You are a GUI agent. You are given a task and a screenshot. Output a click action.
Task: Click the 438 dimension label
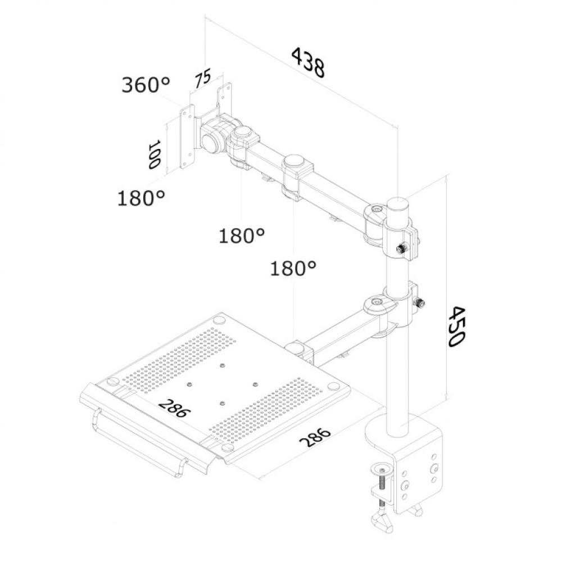tap(308, 62)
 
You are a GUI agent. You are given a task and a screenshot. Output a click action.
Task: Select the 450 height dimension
tap(456, 327)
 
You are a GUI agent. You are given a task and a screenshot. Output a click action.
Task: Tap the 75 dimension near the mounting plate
tap(203, 78)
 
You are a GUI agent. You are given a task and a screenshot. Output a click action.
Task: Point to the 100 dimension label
tap(153, 155)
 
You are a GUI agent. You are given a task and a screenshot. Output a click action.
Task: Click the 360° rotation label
tap(146, 85)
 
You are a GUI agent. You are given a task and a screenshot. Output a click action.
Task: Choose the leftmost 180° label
tap(141, 198)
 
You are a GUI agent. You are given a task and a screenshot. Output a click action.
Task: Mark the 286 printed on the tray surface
tap(174, 408)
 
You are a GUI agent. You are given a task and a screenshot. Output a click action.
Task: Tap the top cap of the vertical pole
tap(398, 202)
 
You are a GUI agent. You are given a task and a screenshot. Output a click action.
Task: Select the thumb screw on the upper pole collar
tap(402, 248)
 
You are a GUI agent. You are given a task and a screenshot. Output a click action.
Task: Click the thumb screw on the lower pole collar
tap(419, 303)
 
